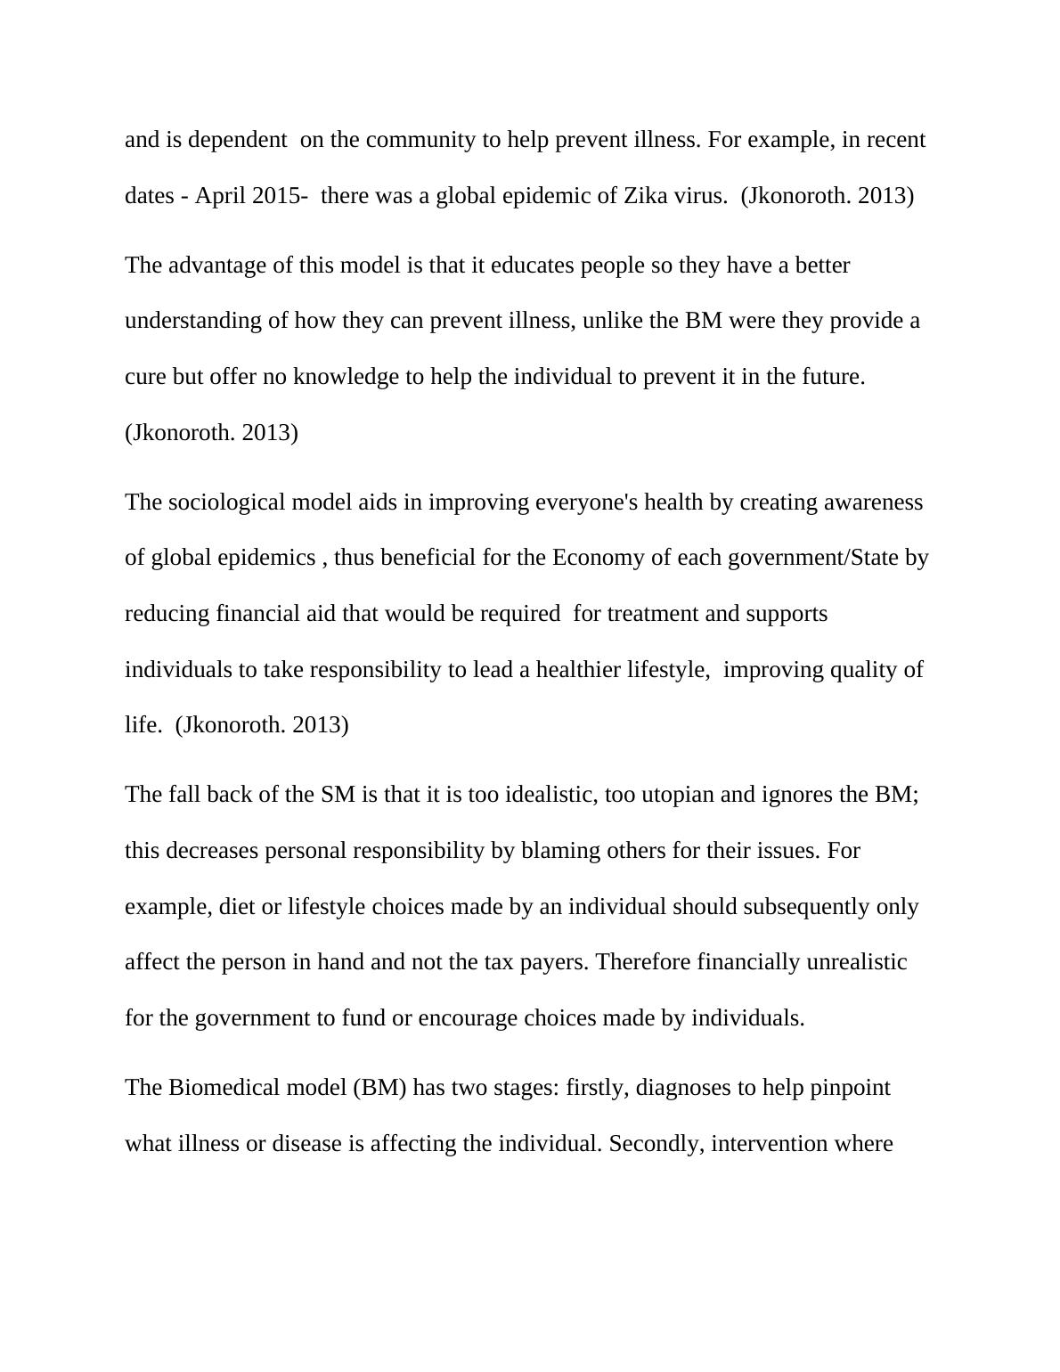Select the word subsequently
tap(800, 907)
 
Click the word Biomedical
tap(223, 1088)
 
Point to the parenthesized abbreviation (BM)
tap(379, 1088)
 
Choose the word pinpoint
tap(850, 1088)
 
